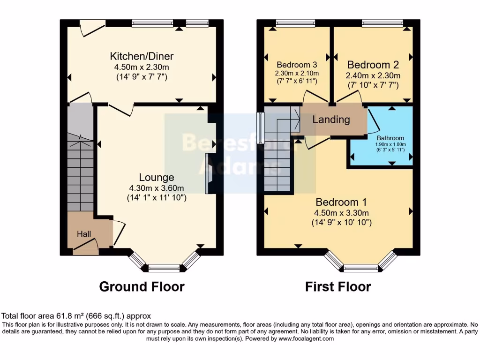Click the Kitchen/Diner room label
pyautogui.click(x=142, y=56)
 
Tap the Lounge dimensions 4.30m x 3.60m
pyautogui.click(x=157, y=188)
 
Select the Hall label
pyautogui.click(x=84, y=233)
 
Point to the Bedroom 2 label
pyautogui.click(x=372, y=65)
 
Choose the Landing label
pyautogui.click(x=331, y=120)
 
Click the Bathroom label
pyautogui.click(x=390, y=138)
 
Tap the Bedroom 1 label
pyautogui.click(x=341, y=202)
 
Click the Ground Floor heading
pyautogui.click(x=142, y=286)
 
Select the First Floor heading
pyautogui.click(x=338, y=286)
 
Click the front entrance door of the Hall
pyautogui.click(x=86, y=247)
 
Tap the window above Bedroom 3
pyautogui.click(x=295, y=22)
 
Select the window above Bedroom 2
pyautogui.click(x=382, y=22)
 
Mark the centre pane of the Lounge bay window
pyautogui.click(x=164, y=268)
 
